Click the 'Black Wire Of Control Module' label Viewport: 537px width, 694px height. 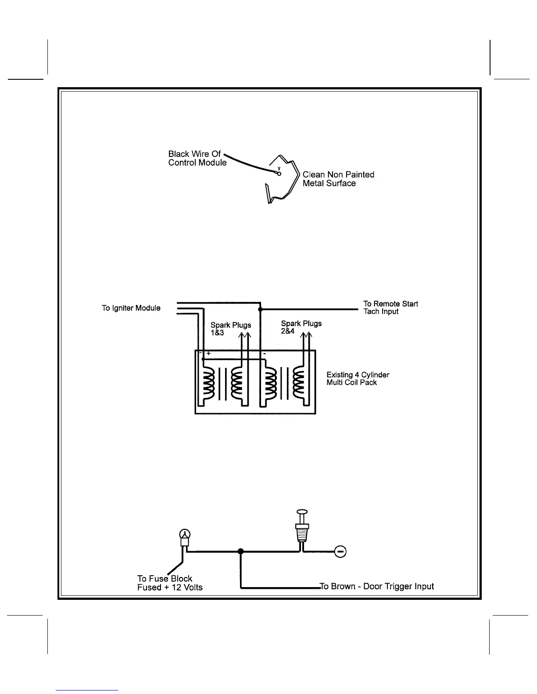tap(197, 158)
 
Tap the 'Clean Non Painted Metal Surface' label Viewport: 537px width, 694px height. tap(338, 179)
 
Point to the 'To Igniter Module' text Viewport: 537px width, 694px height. tap(131, 308)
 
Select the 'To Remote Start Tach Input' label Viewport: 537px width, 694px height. tap(390, 308)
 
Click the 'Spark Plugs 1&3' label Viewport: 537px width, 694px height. tap(231, 329)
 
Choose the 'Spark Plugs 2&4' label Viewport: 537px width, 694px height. tap(301, 327)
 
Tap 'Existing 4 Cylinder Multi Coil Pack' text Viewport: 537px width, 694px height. tap(358, 379)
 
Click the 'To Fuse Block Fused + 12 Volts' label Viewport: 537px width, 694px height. tap(170, 583)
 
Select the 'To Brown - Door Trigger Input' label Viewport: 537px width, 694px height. tap(377, 586)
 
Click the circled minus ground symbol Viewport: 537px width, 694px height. tap(340, 551)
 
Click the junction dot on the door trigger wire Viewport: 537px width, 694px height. tap(240, 551)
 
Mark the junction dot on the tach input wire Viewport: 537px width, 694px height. tap(260, 309)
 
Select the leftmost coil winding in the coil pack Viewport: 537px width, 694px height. tap(208, 380)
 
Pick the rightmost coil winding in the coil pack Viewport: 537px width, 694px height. tap(301, 380)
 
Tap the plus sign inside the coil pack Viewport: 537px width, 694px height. tap(209, 353)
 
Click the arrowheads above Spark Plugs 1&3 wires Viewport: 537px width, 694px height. tap(244, 336)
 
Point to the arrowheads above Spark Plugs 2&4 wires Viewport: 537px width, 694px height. tap(307, 336)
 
